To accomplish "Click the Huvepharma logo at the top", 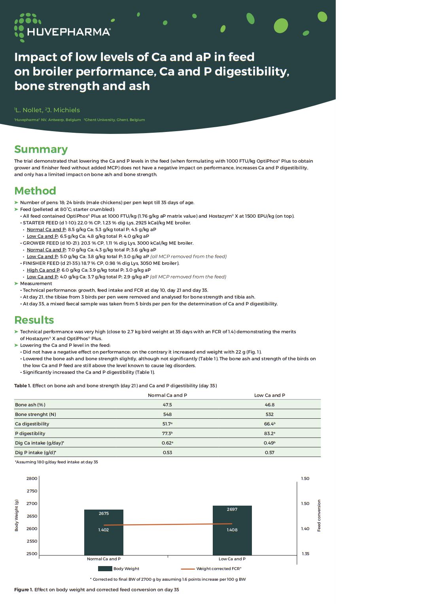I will click(62, 28).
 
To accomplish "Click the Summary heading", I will click(41, 149).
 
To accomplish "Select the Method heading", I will click(35, 191).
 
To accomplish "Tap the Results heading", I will click(34, 320).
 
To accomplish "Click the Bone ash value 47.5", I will click(167, 405).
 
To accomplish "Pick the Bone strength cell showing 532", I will click(269, 414).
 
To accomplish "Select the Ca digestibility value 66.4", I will click(269, 424).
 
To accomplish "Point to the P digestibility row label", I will click(30, 433).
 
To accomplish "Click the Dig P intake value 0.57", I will click(269, 453).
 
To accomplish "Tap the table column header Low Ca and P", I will click(269, 395).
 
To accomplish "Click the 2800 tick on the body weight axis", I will click(32, 478).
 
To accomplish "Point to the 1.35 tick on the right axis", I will click(305, 553).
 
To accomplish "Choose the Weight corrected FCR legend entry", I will click(219, 569).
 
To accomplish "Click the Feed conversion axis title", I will click(319, 516).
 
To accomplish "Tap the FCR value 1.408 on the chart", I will click(232, 530).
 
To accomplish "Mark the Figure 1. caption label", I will click(23, 590).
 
